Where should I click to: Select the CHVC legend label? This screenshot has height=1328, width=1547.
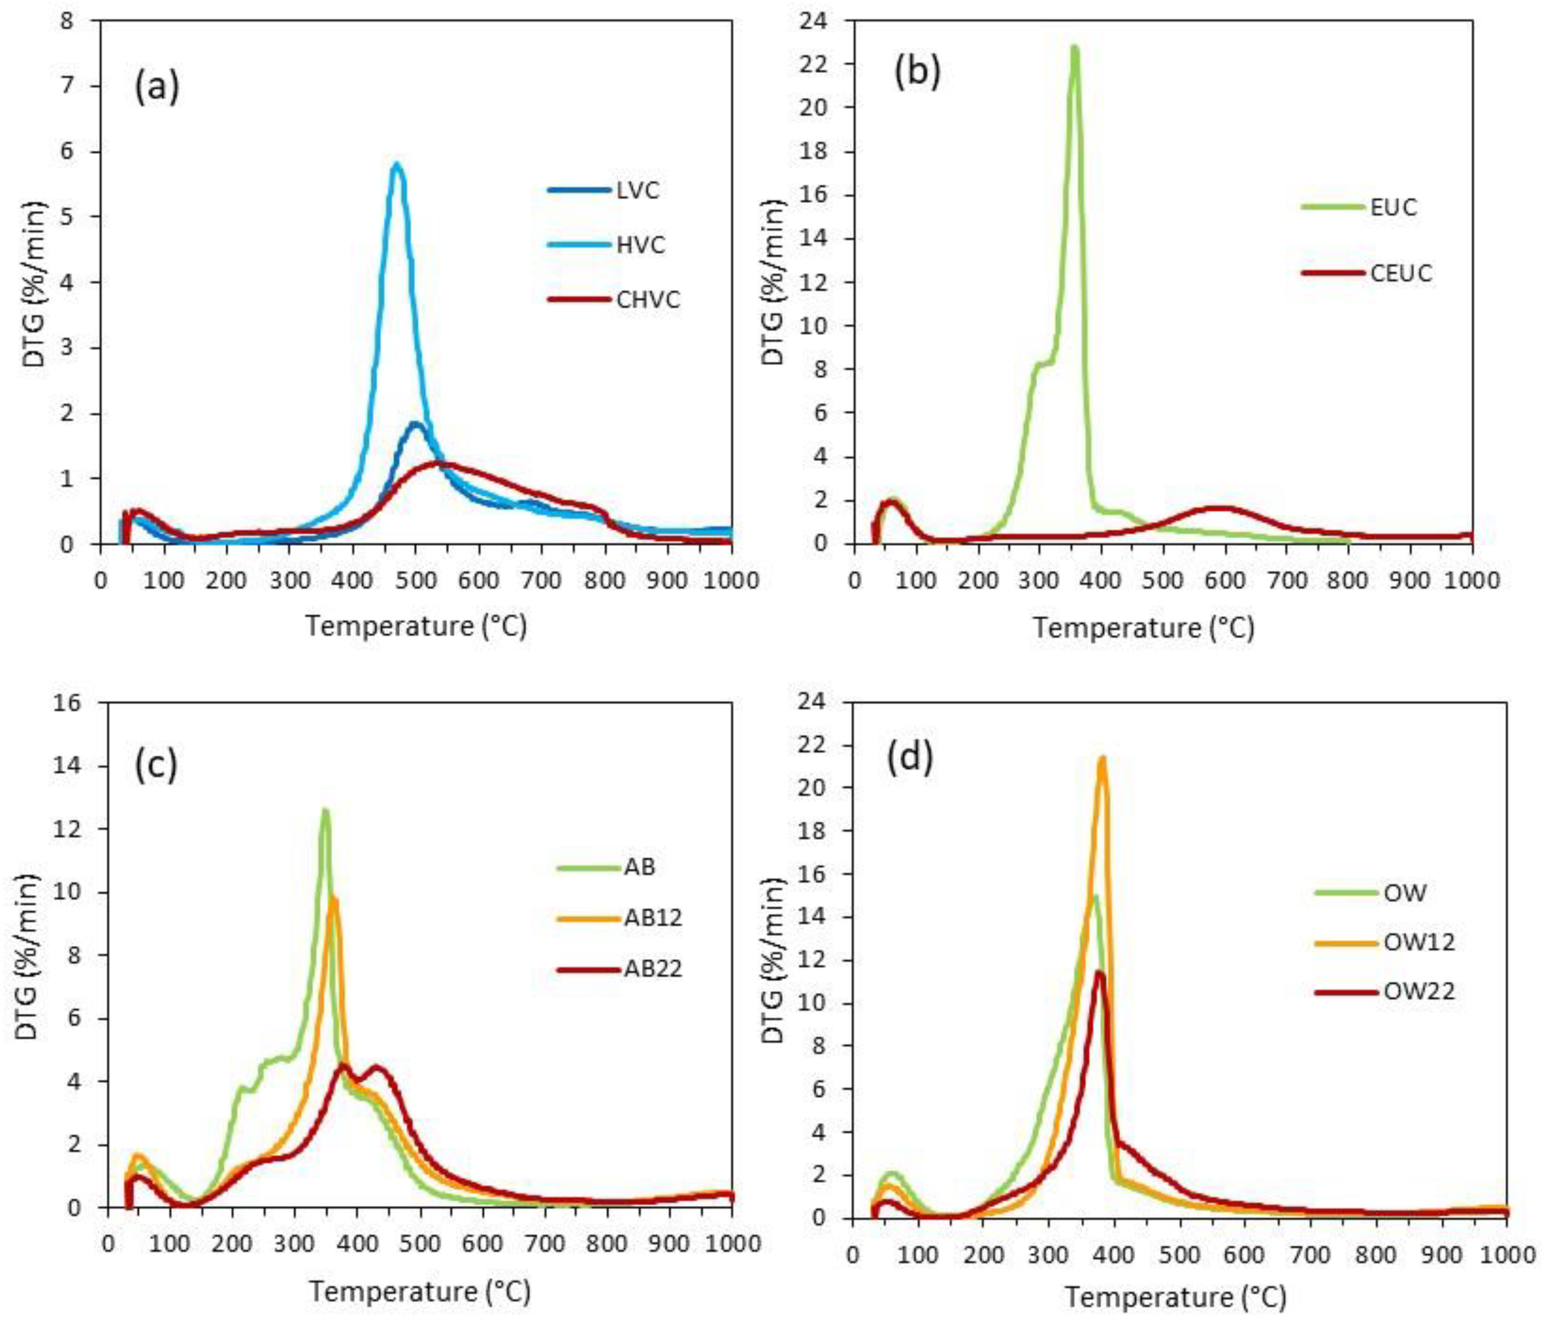tap(648, 300)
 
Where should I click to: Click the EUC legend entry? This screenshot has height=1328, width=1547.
tap(1393, 207)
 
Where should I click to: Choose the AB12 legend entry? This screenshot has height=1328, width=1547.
tap(653, 917)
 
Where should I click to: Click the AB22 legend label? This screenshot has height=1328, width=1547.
tap(653, 970)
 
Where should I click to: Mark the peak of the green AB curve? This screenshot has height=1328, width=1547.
tap(325, 810)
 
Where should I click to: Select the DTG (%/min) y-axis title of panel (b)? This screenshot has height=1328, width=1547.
tap(775, 286)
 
